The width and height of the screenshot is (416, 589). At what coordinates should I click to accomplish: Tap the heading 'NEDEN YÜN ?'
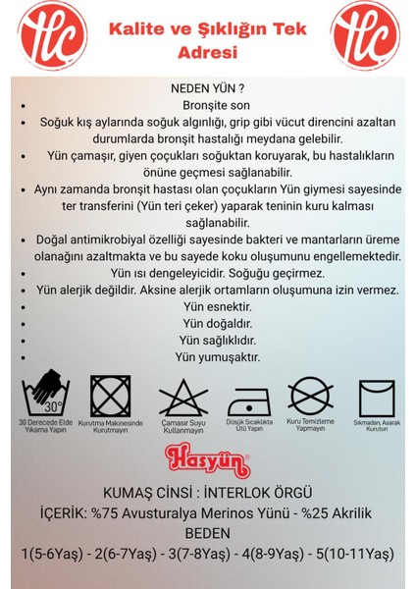coord(208,86)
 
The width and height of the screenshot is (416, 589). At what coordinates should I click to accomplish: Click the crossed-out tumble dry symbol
coord(111,397)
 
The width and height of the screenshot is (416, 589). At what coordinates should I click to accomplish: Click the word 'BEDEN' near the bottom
coord(207,533)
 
